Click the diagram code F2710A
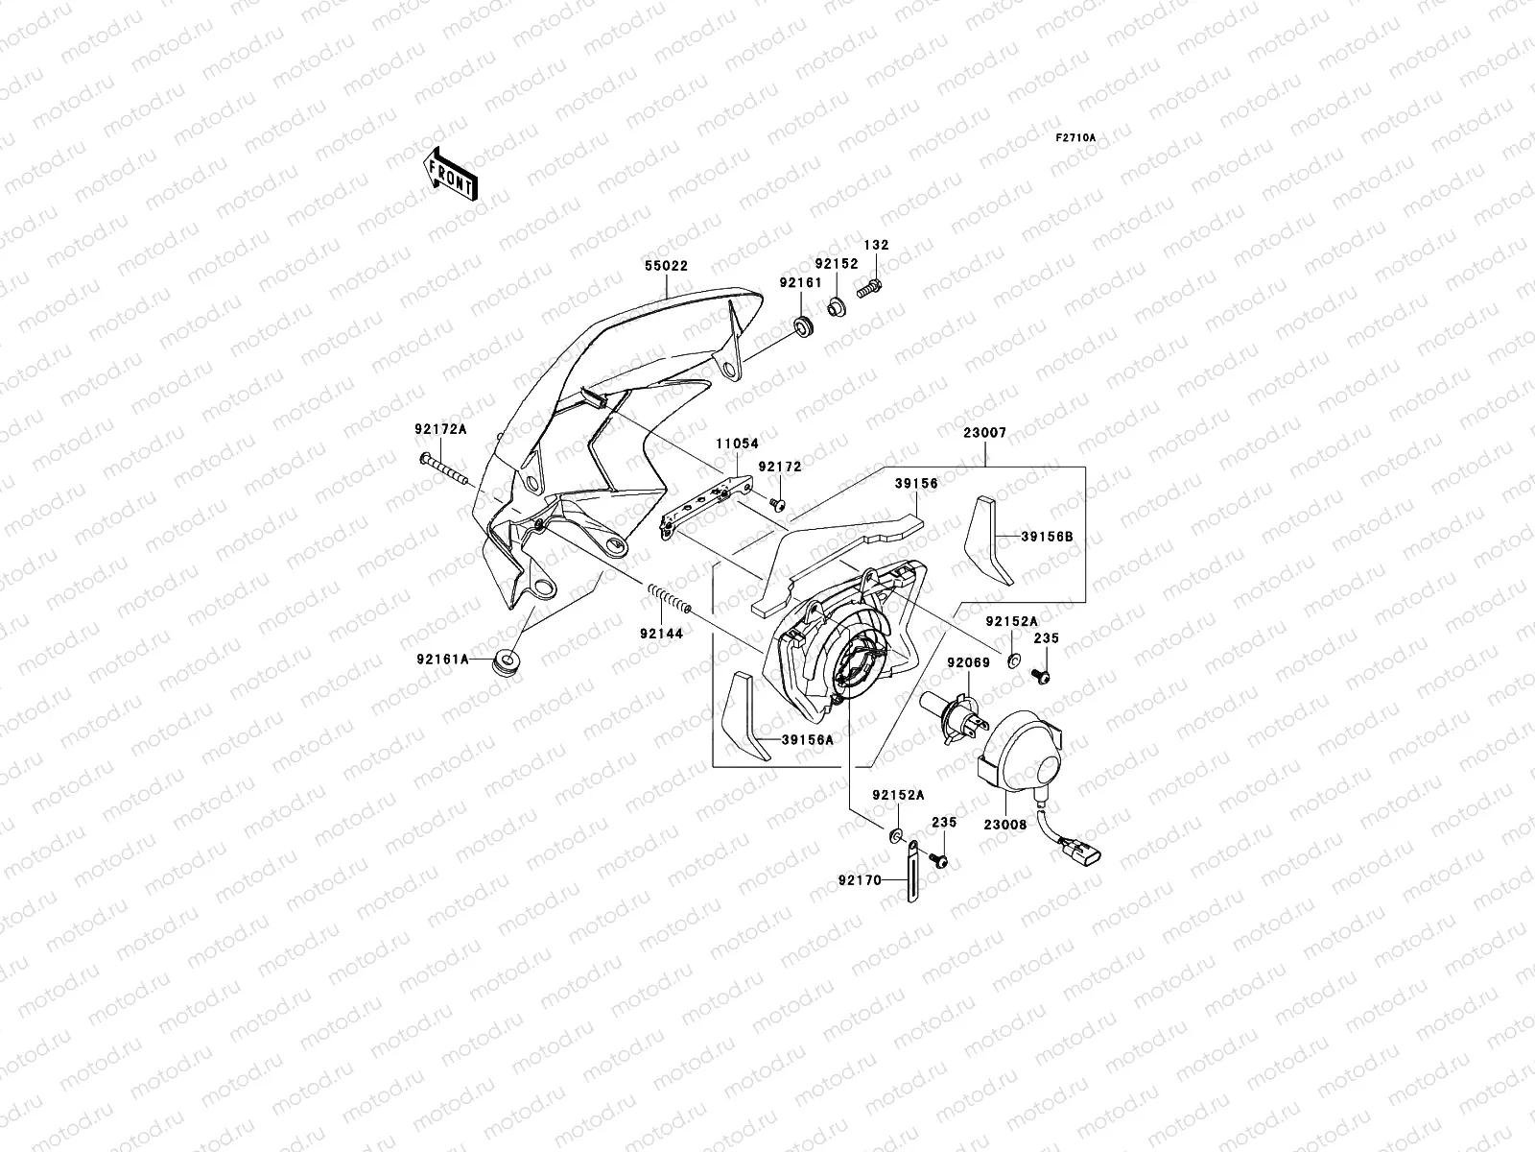(1075, 138)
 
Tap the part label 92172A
(440, 429)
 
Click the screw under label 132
(871, 285)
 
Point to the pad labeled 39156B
(986, 540)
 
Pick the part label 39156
(916, 485)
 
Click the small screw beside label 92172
(778, 504)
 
